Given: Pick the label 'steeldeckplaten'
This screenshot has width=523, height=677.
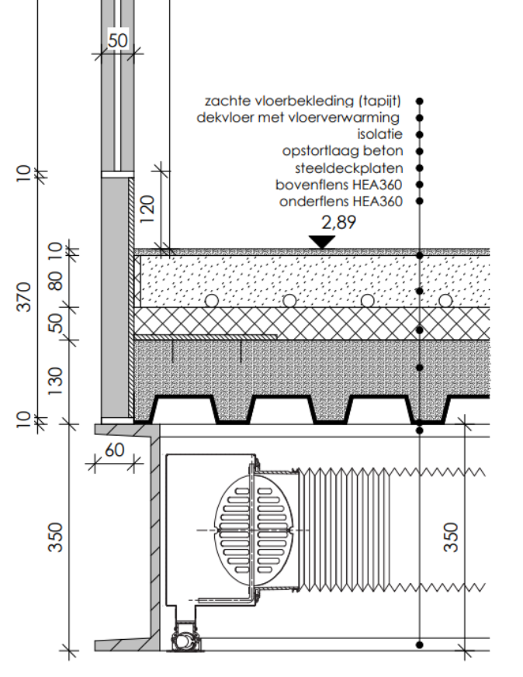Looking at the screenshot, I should tap(349, 168).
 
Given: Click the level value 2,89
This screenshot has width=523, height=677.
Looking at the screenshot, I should tap(320, 223).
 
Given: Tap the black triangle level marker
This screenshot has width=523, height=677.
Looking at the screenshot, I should tap(320, 241).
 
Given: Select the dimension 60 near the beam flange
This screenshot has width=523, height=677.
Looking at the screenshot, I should tap(114, 451).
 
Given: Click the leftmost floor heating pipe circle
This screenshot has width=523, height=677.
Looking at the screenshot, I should tap(211, 300).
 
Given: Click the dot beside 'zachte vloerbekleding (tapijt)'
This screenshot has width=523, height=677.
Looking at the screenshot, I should tap(420, 101).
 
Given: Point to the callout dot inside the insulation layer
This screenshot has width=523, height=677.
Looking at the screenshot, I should tap(420, 330).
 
